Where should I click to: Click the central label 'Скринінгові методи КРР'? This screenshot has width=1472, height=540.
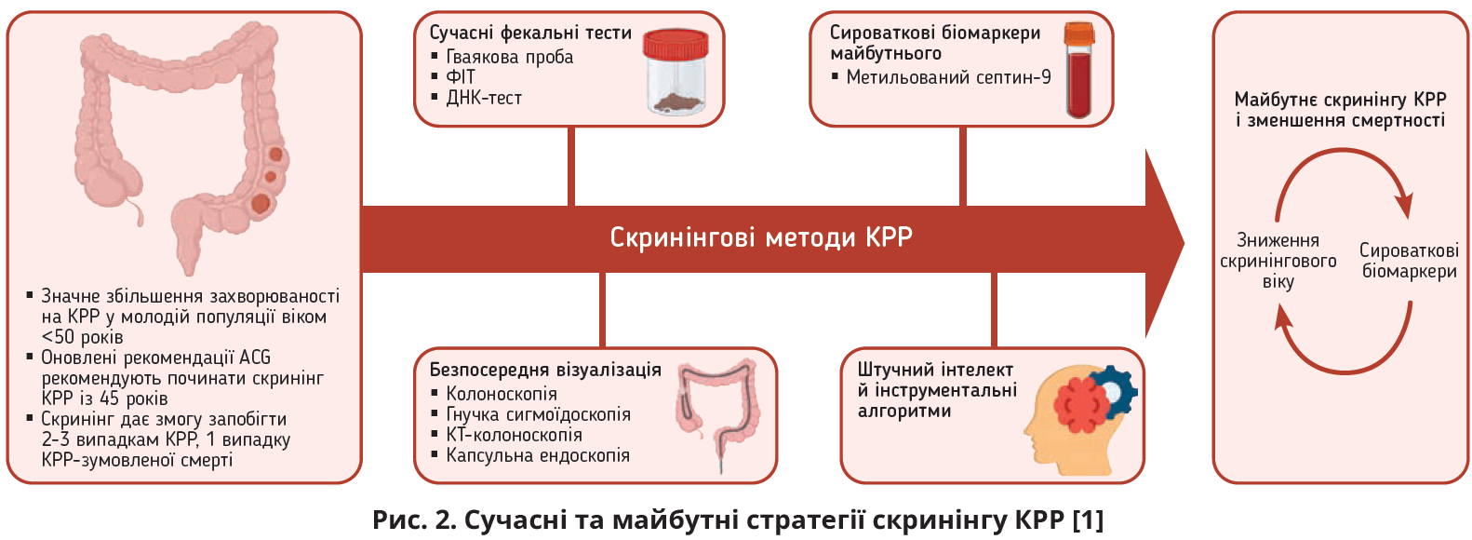[761, 237]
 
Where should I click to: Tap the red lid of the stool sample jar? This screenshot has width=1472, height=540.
[676, 44]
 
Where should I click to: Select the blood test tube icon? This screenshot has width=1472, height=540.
[1079, 70]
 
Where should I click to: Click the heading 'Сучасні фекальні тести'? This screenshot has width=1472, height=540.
[530, 33]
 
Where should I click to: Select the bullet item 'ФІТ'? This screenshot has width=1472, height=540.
[461, 77]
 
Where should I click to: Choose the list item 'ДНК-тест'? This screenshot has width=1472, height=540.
[484, 98]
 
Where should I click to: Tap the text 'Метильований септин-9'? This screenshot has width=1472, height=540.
[948, 77]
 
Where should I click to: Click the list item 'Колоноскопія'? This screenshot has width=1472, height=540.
[502, 394]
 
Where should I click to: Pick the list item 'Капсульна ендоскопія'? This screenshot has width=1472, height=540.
[538, 455]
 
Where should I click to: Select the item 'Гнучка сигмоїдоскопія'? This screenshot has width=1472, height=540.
[538, 414]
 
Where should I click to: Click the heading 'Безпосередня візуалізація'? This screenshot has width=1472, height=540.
[544, 370]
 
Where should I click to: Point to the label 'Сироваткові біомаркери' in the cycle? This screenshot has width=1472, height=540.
[1409, 261]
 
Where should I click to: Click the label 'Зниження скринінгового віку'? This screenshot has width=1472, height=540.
[1278, 261]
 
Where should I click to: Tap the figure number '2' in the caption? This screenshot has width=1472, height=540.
[443, 520]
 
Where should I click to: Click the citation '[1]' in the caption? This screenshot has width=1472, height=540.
[1088, 520]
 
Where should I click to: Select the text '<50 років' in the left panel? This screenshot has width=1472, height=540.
[82, 337]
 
